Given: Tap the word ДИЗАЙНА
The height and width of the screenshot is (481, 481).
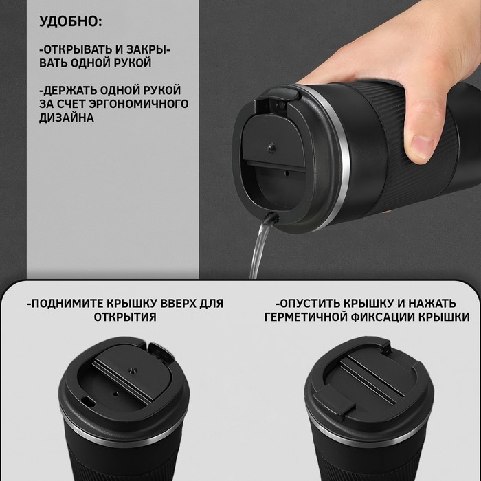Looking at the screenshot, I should pos(67,118).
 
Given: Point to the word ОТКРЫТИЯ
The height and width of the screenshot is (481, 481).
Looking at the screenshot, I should pos(124,317).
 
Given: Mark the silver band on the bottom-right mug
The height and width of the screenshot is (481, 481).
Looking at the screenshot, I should pos(344,440).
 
